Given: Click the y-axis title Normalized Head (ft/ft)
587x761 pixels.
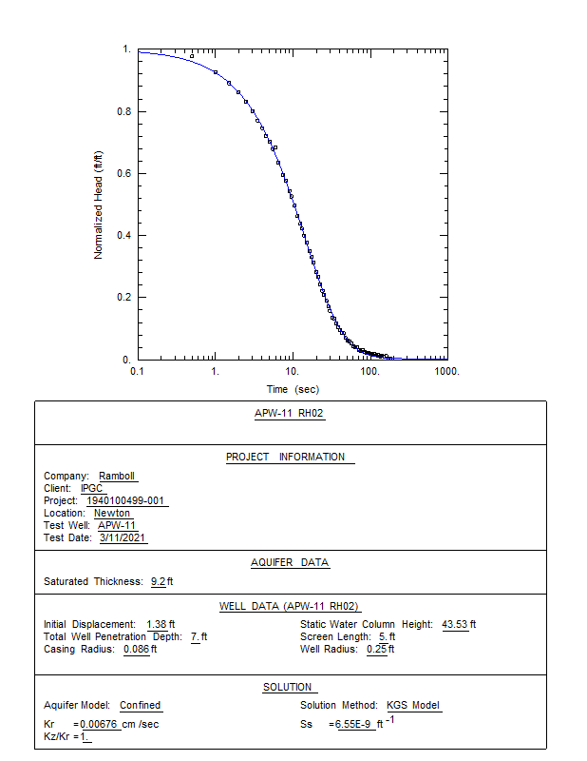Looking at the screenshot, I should [98, 204].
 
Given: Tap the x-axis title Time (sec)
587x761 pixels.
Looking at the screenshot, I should [293, 389].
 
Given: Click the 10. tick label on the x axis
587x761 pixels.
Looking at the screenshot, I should [293, 371].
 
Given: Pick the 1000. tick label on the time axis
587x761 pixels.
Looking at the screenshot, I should [447, 371].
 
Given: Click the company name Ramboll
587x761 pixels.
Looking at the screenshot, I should [119, 477].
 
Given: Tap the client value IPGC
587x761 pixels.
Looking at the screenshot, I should [92, 489].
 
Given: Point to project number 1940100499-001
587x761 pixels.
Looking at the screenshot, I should [127, 501].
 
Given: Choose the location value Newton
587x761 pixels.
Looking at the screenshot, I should [113, 514].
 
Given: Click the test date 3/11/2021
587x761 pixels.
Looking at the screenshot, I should [123, 538].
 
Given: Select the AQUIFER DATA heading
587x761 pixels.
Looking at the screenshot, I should [290, 562].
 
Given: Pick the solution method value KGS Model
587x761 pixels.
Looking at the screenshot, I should [413, 706].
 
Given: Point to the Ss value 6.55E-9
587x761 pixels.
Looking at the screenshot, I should [354, 725].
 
